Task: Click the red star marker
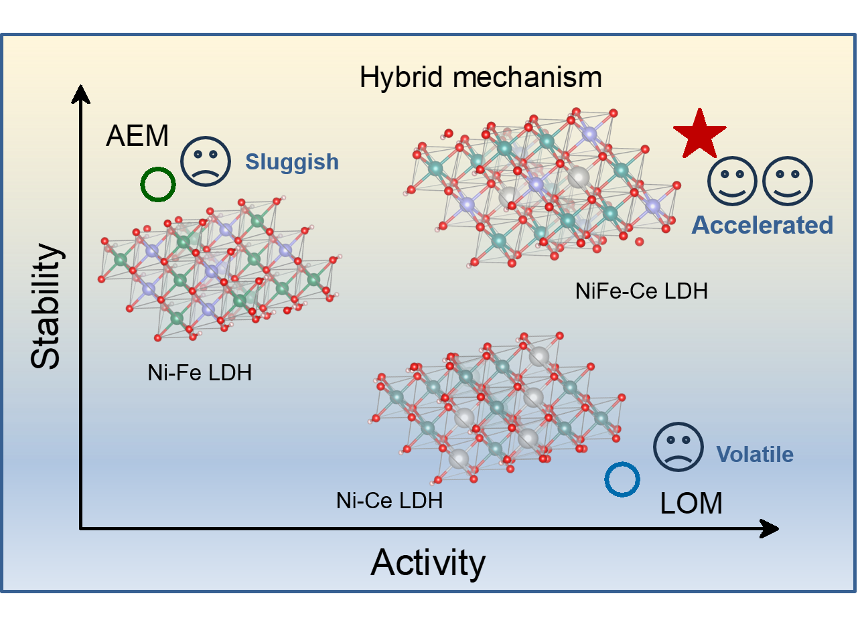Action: [699, 135]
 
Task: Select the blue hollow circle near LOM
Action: [622, 479]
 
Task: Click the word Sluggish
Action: [291, 162]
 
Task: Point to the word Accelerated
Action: [762, 225]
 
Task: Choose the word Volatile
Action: [755, 455]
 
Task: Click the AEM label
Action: [137, 137]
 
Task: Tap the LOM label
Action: [691, 504]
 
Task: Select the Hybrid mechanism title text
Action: [480, 78]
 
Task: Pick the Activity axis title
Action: [428, 562]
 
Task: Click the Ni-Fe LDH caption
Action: [200, 373]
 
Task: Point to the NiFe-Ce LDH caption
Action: [641, 291]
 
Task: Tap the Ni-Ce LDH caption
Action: [389, 500]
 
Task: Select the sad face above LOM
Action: [678, 447]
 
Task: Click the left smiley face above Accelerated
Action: [733, 181]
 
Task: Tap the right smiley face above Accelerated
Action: [788, 181]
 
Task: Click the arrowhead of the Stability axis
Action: [80, 94]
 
